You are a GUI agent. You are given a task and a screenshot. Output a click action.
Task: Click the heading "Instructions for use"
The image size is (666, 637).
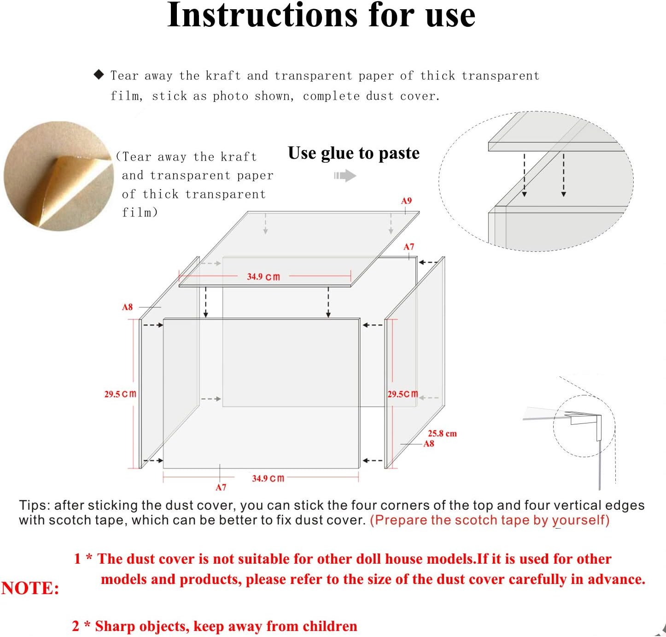coord(321,16)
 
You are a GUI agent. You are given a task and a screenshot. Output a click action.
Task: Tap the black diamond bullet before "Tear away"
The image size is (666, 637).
coord(99,75)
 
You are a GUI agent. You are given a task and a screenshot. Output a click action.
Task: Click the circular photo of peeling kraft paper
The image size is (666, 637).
coord(58,175)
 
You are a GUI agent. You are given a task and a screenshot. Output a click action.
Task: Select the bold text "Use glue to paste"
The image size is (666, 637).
coord(353,153)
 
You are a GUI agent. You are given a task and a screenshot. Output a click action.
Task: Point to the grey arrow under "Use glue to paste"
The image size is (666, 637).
coord(345,176)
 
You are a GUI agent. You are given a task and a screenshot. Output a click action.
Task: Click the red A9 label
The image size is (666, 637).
coord(406,201)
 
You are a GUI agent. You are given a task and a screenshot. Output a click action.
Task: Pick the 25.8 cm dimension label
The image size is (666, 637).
coord(442,434)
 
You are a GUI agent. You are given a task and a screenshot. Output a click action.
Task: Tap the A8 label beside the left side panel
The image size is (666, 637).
coord(128,307)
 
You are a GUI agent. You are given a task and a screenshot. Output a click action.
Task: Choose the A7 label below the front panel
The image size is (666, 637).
coord(221,487)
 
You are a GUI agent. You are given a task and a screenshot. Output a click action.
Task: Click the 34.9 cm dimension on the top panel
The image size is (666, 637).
coord(263,277)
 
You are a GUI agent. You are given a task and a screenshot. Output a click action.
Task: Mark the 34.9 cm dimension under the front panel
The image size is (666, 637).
coord(268,478)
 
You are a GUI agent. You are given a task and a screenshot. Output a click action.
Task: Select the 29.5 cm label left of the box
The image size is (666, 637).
coord(120,394)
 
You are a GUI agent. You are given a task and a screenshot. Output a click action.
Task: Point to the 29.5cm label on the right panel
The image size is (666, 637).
coord(403,394)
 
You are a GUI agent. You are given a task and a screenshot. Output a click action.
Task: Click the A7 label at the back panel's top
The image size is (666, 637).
coord(409,247)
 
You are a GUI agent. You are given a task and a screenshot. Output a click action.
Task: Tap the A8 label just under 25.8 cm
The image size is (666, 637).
coord(429,444)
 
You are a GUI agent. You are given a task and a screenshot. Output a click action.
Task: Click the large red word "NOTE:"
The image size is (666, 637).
coord(30,588)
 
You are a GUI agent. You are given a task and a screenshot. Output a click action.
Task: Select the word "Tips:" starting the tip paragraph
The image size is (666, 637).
coord(35,506)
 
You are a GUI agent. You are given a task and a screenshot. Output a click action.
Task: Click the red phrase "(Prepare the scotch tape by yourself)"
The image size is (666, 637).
coord(490,520)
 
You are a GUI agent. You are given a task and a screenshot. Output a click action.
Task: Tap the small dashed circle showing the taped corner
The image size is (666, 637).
coord(584,426)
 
